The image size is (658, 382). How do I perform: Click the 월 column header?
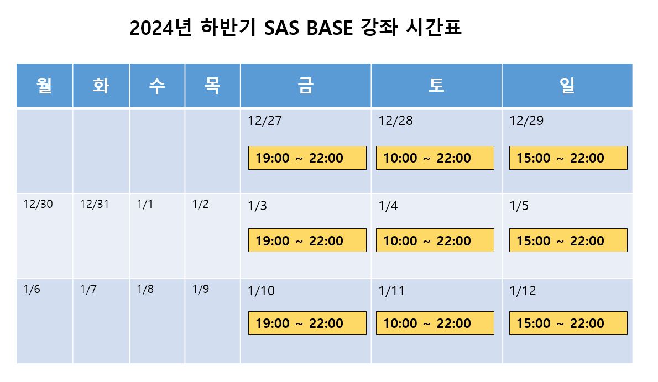(x=44, y=85)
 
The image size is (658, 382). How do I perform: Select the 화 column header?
(x=101, y=85)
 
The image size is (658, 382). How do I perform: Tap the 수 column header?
(x=157, y=85)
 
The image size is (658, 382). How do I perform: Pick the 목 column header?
(x=212, y=85)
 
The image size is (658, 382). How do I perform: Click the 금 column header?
(x=305, y=85)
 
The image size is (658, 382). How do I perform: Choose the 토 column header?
(x=436, y=85)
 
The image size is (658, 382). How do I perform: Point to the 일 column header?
(x=567, y=85)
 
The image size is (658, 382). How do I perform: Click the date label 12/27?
(x=265, y=121)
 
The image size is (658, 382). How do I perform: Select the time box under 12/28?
(x=435, y=158)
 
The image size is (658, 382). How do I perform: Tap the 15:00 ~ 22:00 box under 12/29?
(x=568, y=158)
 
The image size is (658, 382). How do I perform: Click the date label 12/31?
(x=95, y=204)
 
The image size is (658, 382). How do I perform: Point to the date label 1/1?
(x=145, y=204)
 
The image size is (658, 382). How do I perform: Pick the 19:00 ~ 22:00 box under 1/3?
(x=307, y=240)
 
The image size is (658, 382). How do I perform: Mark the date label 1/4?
(x=388, y=206)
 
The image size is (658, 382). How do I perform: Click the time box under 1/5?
(x=568, y=240)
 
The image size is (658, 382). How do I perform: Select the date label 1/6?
(x=32, y=289)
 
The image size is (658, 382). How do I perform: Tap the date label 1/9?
(x=201, y=289)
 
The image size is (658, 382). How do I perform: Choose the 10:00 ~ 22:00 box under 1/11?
(x=435, y=323)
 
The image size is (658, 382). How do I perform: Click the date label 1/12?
(x=523, y=291)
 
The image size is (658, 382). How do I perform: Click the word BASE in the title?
(x=330, y=28)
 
